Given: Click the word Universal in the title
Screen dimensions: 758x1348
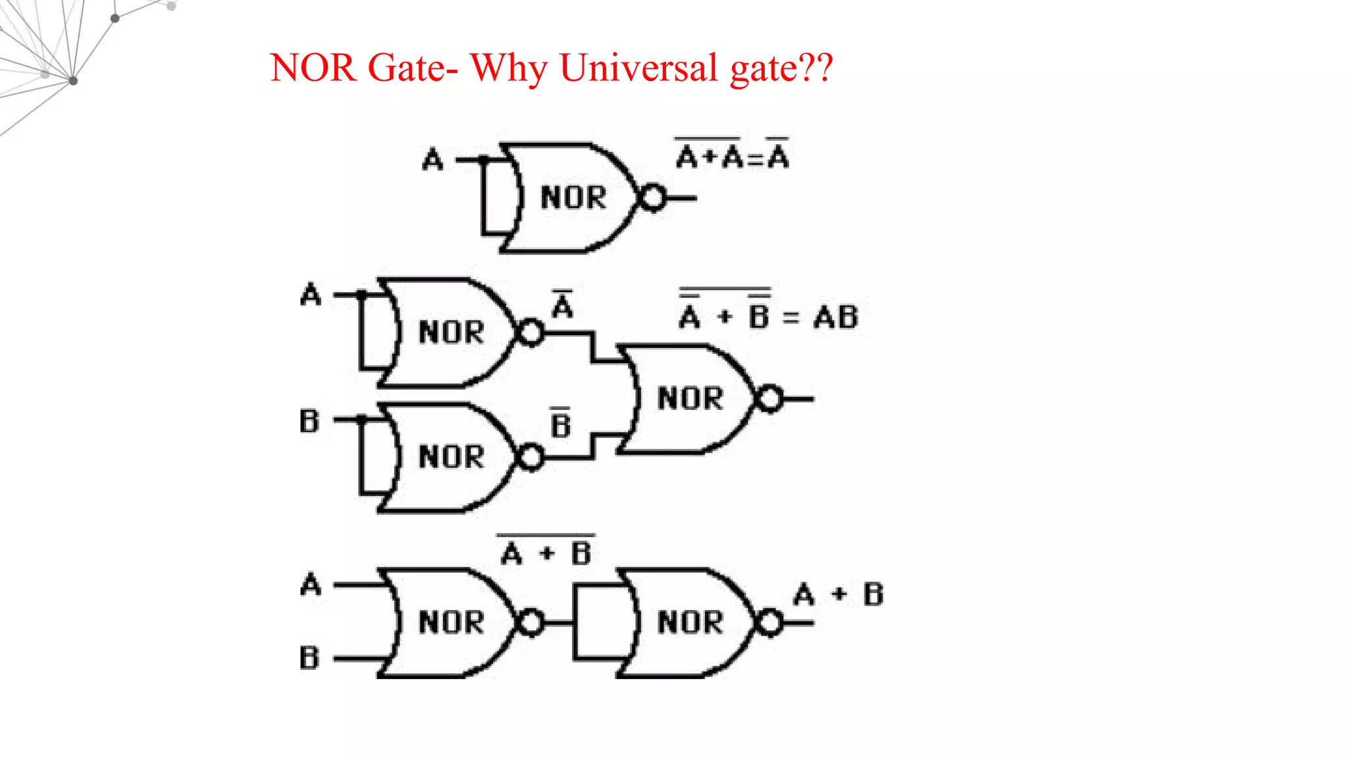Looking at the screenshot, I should (x=638, y=68).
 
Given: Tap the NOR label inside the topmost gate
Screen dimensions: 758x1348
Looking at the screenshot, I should (x=573, y=197).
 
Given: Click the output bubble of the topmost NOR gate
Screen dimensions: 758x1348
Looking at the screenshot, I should (x=653, y=197).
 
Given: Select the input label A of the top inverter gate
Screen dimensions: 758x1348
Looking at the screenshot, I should (x=432, y=160).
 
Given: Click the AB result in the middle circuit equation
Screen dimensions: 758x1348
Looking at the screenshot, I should (x=836, y=318).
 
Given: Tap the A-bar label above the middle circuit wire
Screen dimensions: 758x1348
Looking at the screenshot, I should (x=563, y=305).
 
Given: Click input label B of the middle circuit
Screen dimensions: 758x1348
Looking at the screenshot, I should (x=309, y=421).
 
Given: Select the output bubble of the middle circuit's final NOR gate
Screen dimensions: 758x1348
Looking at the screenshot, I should (x=769, y=399).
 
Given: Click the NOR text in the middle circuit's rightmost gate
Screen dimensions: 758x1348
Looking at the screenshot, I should (x=690, y=399).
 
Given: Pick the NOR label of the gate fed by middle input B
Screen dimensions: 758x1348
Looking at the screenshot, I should (x=452, y=457).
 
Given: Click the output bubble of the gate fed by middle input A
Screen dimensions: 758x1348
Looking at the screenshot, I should (x=531, y=332).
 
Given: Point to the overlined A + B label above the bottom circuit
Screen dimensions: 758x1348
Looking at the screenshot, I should (x=546, y=551).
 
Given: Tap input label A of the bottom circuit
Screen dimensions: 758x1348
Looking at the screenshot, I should (x=311, y=584).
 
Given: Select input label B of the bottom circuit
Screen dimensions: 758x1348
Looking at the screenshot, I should (x=309, y=658).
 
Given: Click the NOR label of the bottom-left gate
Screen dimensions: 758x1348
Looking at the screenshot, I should (x=452, y=622).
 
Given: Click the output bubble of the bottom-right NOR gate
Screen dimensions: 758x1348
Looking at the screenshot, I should (x=769, y=622).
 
